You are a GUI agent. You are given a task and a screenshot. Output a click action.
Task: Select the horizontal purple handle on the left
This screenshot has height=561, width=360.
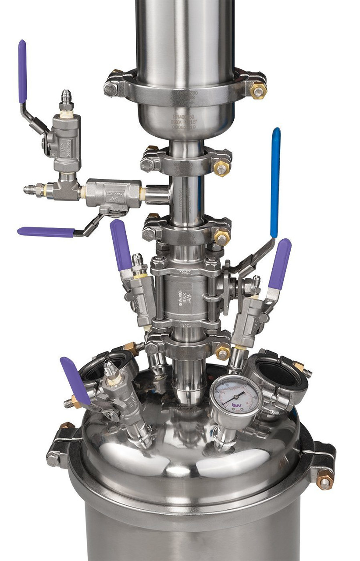[46, 232]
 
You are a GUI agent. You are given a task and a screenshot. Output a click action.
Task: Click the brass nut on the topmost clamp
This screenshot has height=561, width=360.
[258, 91]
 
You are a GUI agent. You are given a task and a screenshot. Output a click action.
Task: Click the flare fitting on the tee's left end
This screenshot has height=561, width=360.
[32, 190]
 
